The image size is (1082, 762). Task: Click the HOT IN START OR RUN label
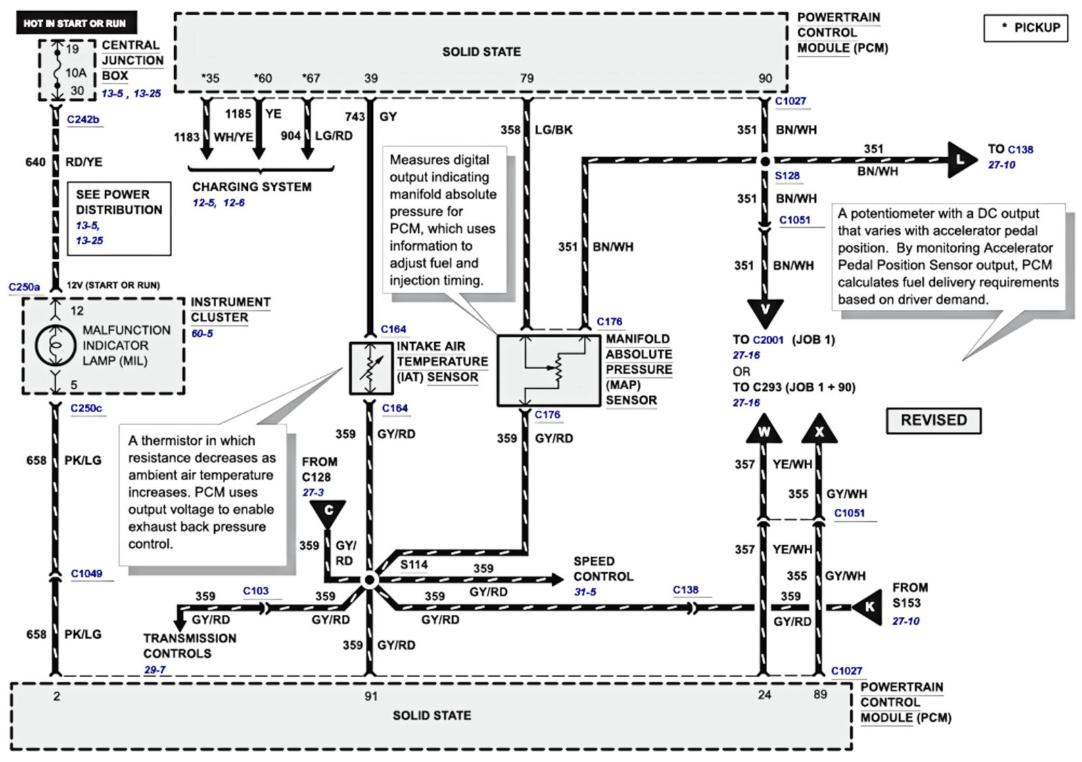point(75,23)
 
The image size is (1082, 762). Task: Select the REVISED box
point(933,420)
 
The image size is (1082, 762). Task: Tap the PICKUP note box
point(1025,28)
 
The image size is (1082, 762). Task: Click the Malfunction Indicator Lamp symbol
point(55,345)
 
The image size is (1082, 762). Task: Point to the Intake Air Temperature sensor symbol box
point(371,368)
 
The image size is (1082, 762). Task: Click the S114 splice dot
point(369,580)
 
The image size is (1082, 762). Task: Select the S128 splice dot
point(765,161)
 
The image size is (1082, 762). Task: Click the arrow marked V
point(765,311)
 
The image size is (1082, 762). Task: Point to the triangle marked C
point(328,512)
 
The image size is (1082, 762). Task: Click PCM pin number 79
point(527,79)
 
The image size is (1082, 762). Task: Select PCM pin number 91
point(371,696)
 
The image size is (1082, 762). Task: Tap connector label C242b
point(83,120)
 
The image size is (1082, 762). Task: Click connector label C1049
point(87,574)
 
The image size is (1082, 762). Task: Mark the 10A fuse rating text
point(76,73)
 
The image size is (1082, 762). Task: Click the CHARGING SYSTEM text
point(252,187)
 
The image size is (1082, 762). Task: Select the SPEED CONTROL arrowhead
point(557,579)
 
